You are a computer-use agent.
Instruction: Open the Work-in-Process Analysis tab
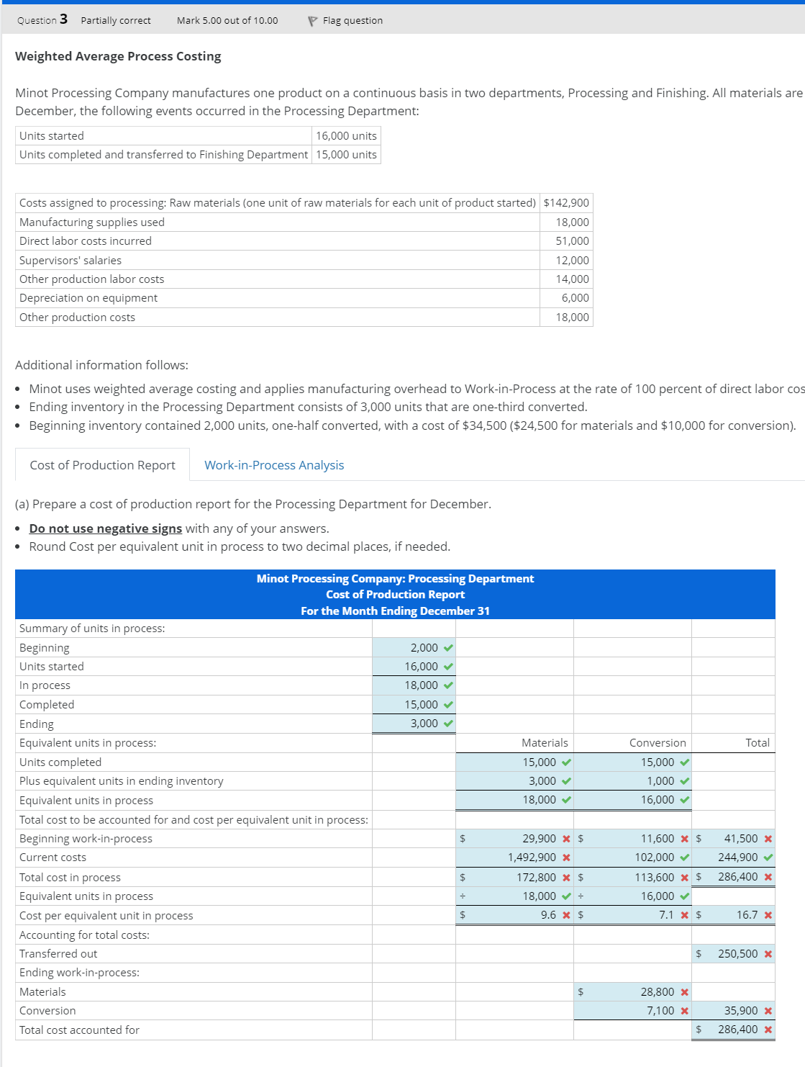274,465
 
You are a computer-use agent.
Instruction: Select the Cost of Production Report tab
102,465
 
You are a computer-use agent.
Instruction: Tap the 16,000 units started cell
346,136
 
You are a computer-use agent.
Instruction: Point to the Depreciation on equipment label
88,298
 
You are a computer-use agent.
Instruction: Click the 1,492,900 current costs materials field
532,857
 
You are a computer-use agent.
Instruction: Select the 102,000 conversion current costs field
654,857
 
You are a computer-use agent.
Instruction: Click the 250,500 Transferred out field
737,954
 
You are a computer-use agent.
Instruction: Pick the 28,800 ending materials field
657,992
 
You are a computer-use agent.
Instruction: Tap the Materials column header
545,743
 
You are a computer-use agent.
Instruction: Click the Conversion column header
658,743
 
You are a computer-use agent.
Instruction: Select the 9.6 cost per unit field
548,915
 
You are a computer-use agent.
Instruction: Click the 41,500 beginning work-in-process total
740,839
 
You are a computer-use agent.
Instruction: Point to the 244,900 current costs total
737,857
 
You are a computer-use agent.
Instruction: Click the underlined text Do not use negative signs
106,528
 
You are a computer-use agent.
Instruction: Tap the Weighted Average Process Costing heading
118,56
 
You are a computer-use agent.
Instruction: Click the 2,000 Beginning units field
424,648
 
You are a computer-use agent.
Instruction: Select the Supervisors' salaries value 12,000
572,261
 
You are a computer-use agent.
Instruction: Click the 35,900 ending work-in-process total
740,1011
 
